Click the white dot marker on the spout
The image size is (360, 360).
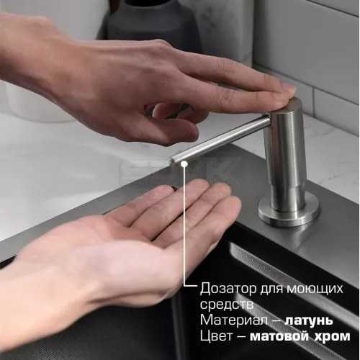click(186, 164)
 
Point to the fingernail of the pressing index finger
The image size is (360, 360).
click(288, 89)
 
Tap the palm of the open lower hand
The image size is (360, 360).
click(144, 230)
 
